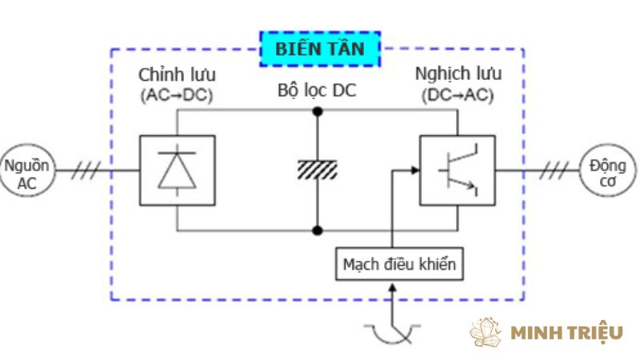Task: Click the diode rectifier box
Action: tap(177, 170)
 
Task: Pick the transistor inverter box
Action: tap(457, 170)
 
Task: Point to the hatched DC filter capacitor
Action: tap(318, 170)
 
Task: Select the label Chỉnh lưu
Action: tap(177, 75)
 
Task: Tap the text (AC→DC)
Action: tap(177, 96)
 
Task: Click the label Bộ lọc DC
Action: tap(317, 90)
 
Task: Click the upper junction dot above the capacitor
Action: tap(318, 110)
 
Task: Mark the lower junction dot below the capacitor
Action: tap(318, 230)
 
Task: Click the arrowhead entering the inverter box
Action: tap(414, 170)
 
